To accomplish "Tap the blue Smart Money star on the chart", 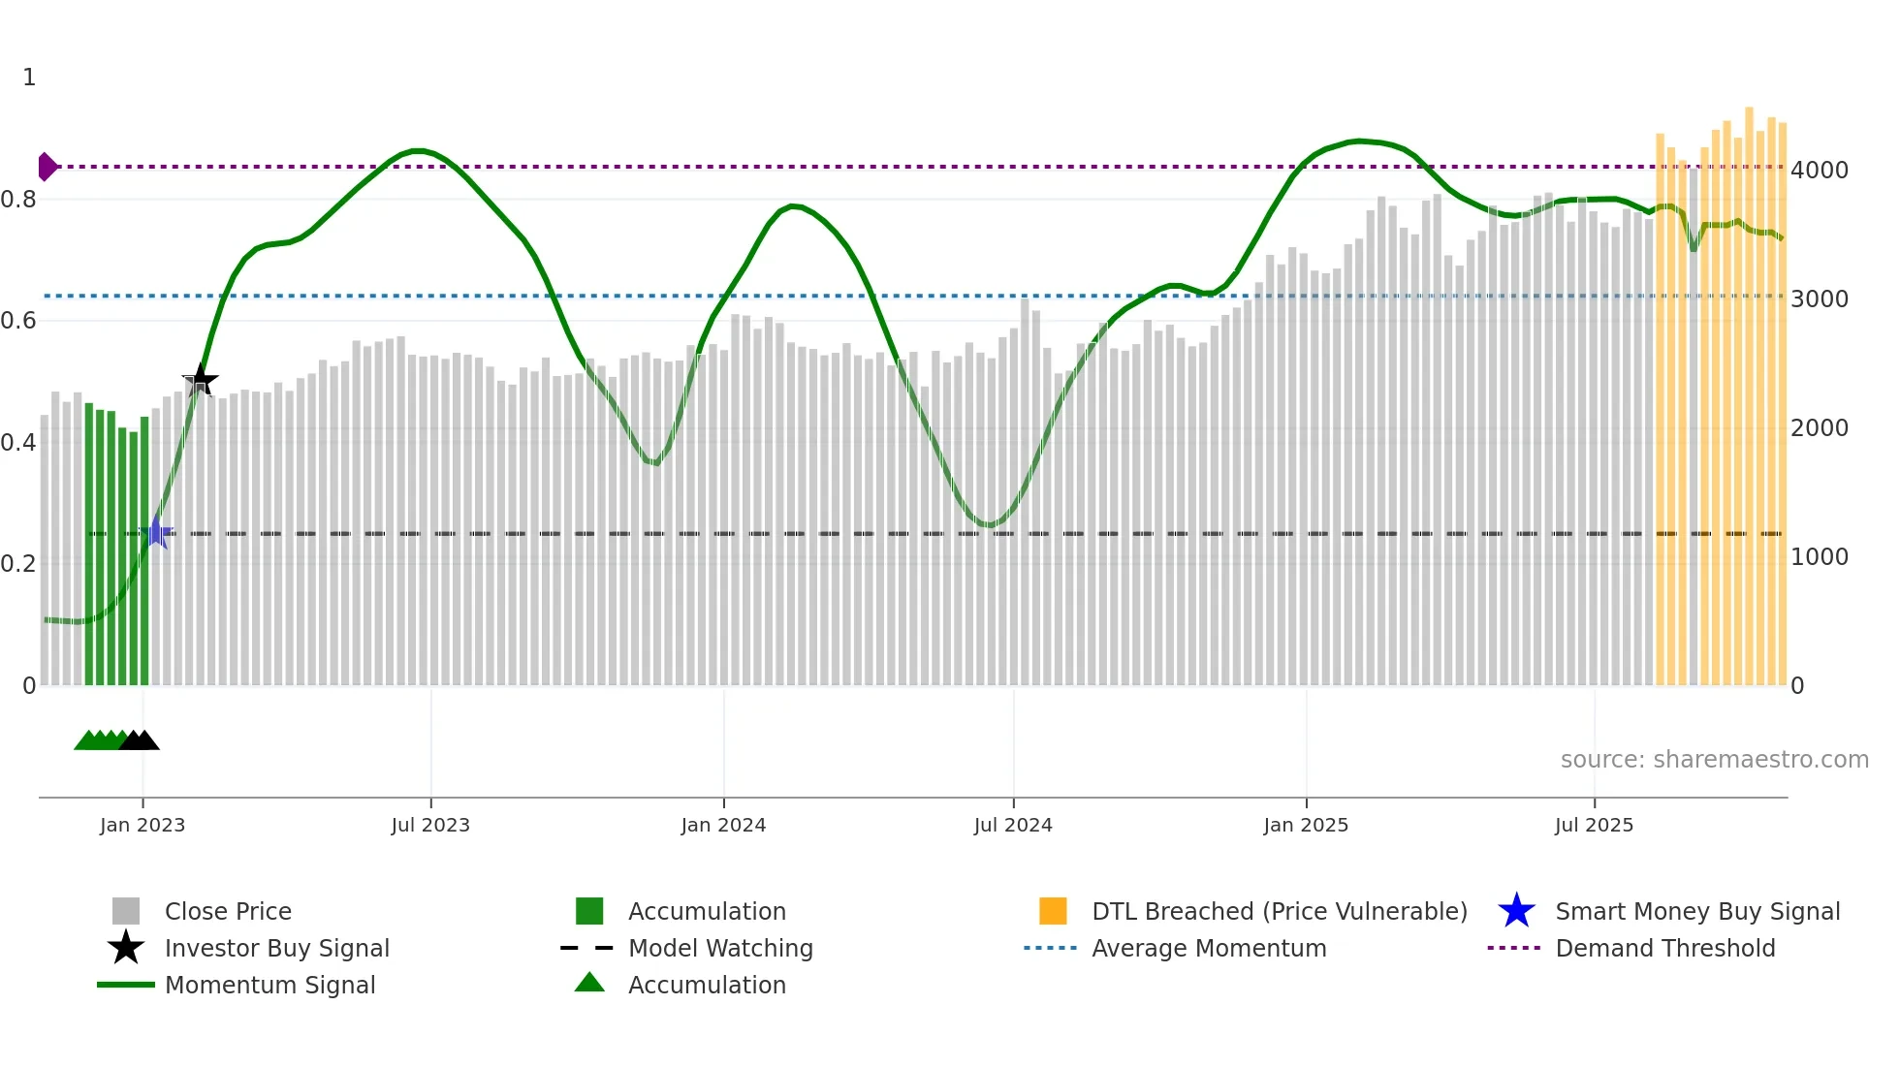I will [156, 532].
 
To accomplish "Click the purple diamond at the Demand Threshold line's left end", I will [47, 167].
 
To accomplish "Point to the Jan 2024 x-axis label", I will [723, 825].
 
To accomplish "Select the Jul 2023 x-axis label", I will [430, 825].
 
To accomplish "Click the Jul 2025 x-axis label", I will [1594, 825].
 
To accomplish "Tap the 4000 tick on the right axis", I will [1819, 171].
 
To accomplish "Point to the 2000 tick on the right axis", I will [1819, 428].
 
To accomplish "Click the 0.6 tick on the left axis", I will [18, 321].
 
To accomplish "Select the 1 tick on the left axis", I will [29, 78].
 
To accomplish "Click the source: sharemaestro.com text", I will [1714, 760].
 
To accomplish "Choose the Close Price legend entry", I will [228, 911].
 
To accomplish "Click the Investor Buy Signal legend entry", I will [276, 948].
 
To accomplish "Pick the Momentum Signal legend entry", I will [269, 985].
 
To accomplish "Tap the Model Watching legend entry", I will [720, 948].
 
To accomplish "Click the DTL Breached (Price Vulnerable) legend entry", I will [1279, 911].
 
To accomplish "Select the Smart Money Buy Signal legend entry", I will [1696, 911].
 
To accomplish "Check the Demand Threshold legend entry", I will [1664, 948].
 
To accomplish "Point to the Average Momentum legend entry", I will [1208, 948].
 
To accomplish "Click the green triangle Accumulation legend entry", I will [706, 985].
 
